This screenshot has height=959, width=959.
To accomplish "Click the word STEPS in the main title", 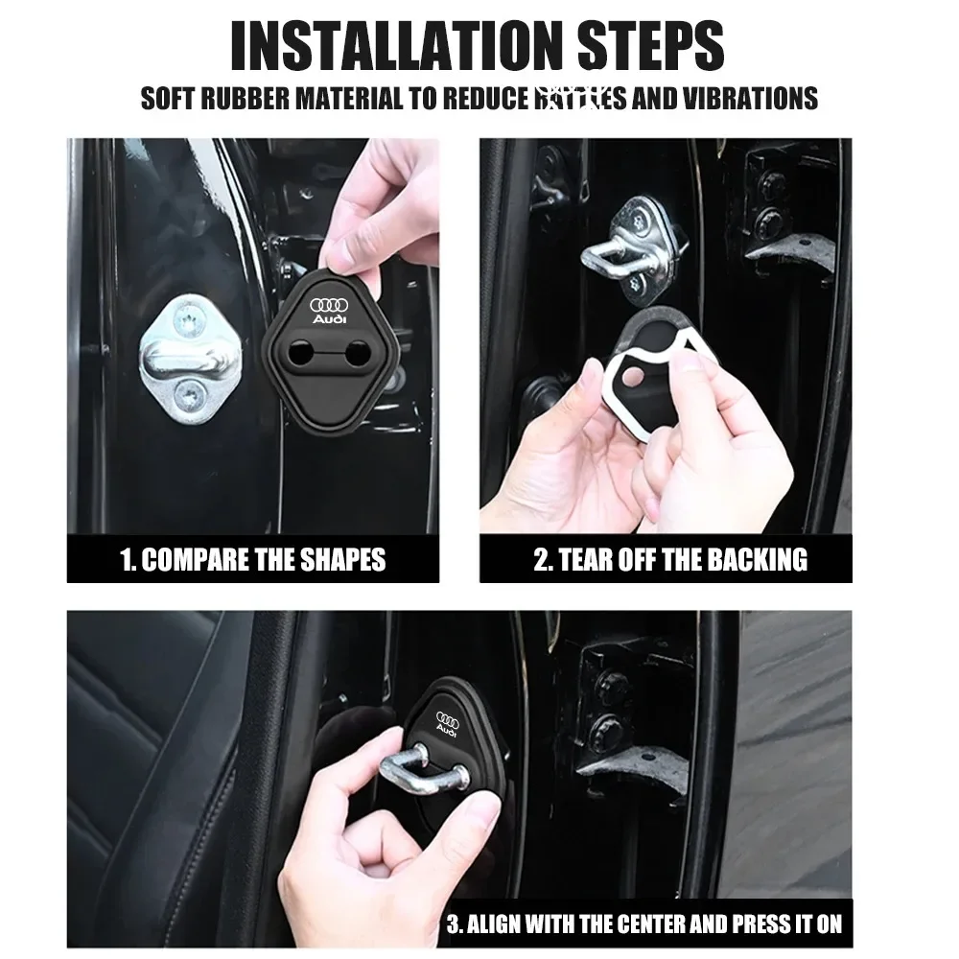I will tap(644, 45).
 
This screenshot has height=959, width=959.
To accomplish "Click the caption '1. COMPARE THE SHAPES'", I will tap(253, 559).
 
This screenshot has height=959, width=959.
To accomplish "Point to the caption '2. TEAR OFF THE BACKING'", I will tap(670, 559).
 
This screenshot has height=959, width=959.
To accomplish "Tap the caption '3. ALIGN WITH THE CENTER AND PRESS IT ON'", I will tap(643, 924).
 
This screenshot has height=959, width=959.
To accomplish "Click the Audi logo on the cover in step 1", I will tap(331, 309).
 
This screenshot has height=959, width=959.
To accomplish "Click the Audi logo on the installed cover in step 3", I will tap(448, 723).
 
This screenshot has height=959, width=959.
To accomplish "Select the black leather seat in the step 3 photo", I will tap(153, 729).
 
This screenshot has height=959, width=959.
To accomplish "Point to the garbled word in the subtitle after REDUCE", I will tap(567, 99).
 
